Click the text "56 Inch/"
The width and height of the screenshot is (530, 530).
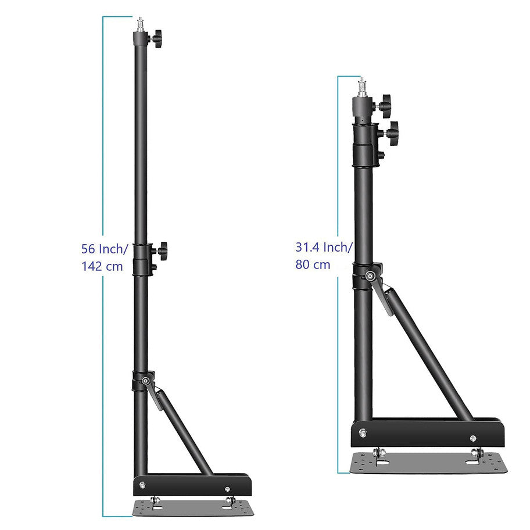click(x=105, y=249)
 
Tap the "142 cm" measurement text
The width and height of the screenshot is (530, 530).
click(x=102, y=266)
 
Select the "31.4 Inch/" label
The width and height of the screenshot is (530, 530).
click(x=324, y=248)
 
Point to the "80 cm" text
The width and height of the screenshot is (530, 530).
click(x=313, y=264)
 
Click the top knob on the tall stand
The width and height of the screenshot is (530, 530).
click(x=156, y=38)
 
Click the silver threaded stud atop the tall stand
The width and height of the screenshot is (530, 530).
click(x=140, y=24)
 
